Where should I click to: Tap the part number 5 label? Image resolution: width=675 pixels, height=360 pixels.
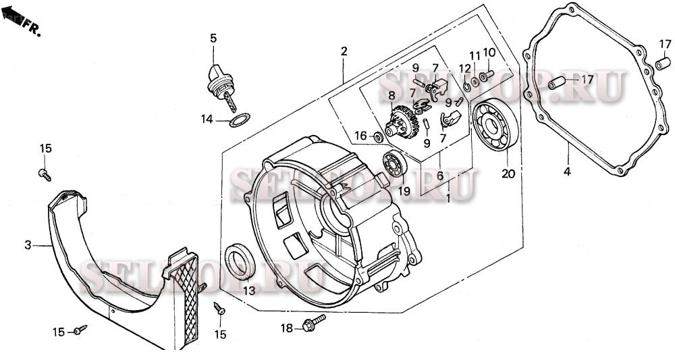pos(213,38)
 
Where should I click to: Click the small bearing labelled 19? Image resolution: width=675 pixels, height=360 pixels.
pos(394,163)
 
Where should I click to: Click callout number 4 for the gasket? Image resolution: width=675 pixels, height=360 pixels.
pos(567,172)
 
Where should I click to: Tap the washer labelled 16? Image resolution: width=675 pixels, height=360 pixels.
pos(378,137)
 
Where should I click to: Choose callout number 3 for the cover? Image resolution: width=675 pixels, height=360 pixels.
pos(28,245)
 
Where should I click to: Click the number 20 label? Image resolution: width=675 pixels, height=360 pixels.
pos(508,174)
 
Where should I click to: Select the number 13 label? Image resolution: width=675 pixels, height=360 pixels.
pos(249,291)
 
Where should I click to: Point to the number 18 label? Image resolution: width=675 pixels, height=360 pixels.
pos(287,328)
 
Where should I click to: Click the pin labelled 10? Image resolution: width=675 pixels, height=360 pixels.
pos(489,74)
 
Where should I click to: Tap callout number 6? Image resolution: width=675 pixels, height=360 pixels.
pos(439,176)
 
